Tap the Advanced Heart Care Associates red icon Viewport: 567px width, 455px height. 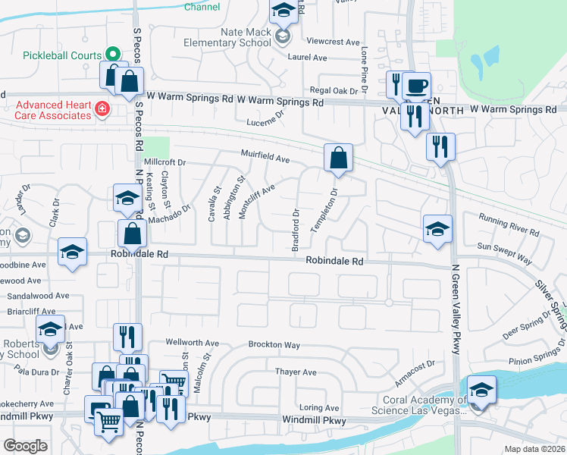(102, 110)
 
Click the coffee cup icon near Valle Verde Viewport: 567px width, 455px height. (415, 84)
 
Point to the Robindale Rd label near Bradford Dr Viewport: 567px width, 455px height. (335, 261)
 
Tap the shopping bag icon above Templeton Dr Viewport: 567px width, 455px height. (338, 158)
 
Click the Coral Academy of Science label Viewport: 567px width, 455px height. (418, 406)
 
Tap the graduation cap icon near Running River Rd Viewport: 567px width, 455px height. (437, 229)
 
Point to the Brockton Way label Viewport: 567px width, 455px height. (274, 345)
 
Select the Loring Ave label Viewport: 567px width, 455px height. (318, 407)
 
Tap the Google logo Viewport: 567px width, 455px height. (25, 446)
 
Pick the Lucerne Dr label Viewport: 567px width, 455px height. (265, 119)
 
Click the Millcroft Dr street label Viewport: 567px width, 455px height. (164, 162)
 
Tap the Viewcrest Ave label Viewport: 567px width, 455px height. (333, 42)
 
